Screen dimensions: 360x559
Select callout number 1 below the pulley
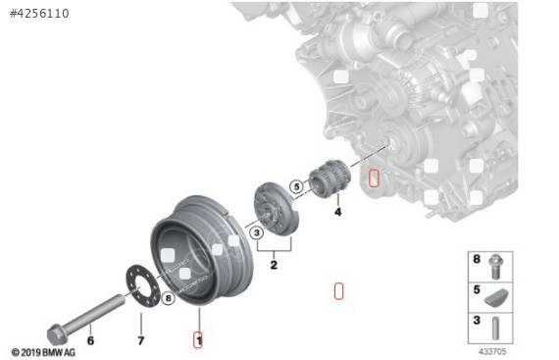tap(198, 339)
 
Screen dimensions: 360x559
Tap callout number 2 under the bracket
tap(274, 265)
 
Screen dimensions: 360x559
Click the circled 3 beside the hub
tap(256, 232)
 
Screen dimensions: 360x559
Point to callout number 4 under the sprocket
tap(337, 211)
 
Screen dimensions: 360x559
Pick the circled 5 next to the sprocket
tap(295, 185)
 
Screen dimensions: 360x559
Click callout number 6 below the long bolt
tap(90, 340)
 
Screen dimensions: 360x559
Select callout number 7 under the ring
tap(140, 340)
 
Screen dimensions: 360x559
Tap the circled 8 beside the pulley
tap(168, 297)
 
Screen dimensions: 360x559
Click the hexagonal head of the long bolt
tap(56, 333)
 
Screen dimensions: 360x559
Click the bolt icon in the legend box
tap(496, 262)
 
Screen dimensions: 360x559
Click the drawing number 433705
tap(491, 350)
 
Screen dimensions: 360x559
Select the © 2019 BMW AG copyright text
tap(43, 351)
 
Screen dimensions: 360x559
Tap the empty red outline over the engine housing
tap(373, 179)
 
